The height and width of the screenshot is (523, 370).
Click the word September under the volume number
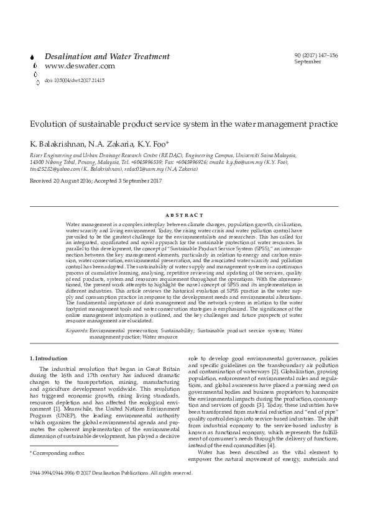(308, 61)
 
